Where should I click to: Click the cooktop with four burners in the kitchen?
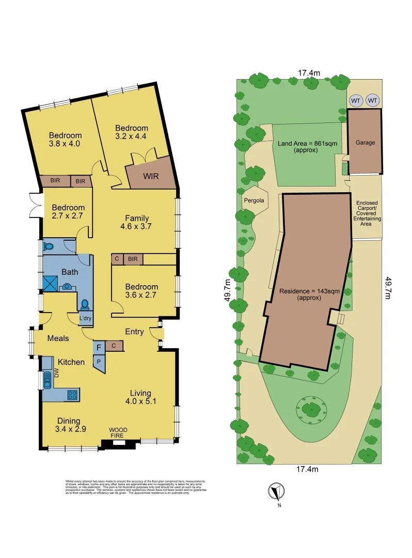pos(72,395)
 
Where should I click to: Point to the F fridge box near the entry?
pos(98,348)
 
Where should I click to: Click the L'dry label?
pos(85,319)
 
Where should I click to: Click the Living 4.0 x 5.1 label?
pos(141,395)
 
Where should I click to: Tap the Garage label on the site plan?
pos(365,143)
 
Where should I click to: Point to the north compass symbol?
pos(275,491)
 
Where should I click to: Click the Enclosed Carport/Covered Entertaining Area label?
pos(368,211)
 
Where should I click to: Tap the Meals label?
pos(58,338)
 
